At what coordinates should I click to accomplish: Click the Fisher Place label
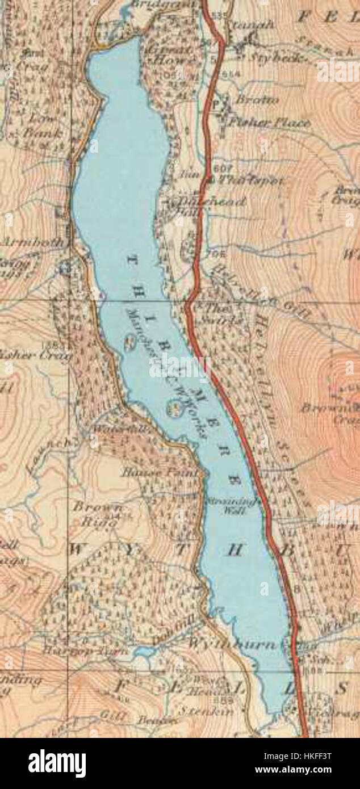pyautogui.click(x=268, y=122)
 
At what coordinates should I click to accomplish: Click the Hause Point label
pyautogui.click(x=160, y=472)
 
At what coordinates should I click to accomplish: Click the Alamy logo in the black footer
pyautogui.click(x=57, y=763)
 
